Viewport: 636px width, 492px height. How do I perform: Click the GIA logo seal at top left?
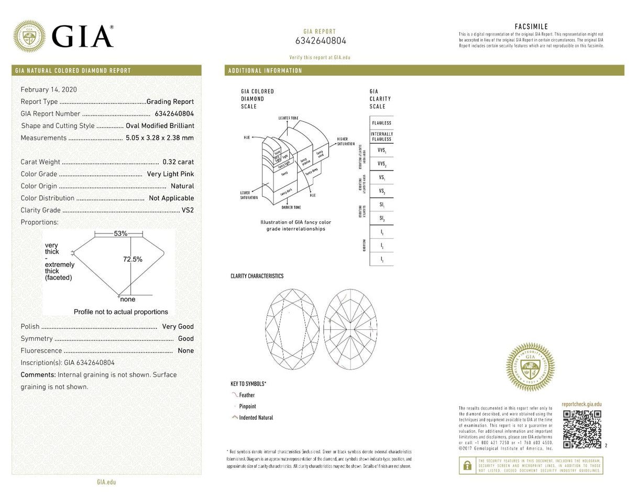pos(29,36)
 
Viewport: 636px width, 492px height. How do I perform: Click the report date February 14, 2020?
pos(48,90)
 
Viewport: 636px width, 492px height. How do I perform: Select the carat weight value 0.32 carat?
pos(178,162)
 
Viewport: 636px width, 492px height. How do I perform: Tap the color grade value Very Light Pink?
pos(170,174)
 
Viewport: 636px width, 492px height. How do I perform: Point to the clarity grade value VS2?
pos(188,210)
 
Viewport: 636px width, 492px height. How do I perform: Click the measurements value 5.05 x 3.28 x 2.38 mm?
pos(160,138)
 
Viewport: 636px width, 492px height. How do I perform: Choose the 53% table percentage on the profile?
pos(120,233)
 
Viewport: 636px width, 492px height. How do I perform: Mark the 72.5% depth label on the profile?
pos(133,260)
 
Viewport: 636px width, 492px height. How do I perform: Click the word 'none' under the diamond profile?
pos(127,300)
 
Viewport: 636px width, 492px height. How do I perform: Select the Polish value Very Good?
pos(178,327)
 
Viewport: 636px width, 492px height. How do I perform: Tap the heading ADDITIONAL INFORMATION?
pos(264,71)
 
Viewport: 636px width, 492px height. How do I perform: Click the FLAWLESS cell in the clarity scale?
pos(381,123)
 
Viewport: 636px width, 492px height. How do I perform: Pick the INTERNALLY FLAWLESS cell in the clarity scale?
pos(381,136)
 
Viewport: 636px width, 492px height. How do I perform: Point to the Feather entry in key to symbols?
pos(247,395)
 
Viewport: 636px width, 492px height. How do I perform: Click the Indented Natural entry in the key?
pos(256,418)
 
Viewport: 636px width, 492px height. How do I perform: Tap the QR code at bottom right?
pos(582,430)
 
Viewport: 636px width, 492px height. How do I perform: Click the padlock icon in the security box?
pos(467,465)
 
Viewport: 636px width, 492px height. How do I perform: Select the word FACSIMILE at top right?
pos(531,27)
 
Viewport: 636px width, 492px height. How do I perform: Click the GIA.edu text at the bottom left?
pos(106,482)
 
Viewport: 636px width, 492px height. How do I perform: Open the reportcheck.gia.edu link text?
pos(582,404)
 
